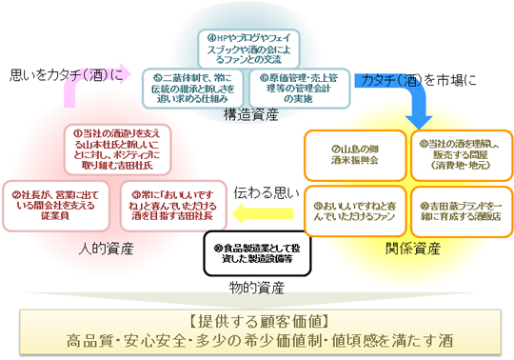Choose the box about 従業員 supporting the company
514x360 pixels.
tap(49, 202)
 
